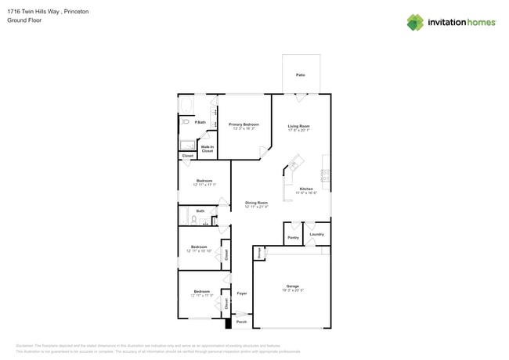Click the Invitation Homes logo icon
(415, 22)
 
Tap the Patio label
(301, 74)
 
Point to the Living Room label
(298, 128)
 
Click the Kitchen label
(305, 189)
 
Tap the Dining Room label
(256, 203)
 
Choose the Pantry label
(293, 237)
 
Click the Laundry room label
(316, 234)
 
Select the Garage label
(292, 286)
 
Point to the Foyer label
(242, 293)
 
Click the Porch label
(241, 322)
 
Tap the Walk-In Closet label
(208, 148)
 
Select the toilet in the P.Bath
(186, 122)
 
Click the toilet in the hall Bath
(194, 220)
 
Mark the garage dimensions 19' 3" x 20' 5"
(292, 290)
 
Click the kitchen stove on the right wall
(325, 174)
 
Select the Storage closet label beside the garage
(258, 252)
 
